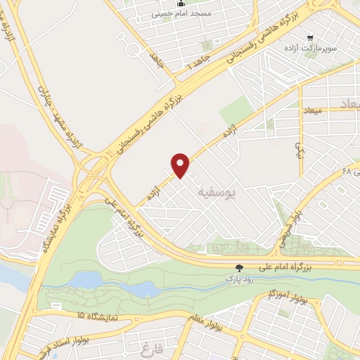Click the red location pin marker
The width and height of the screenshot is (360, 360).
181,165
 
